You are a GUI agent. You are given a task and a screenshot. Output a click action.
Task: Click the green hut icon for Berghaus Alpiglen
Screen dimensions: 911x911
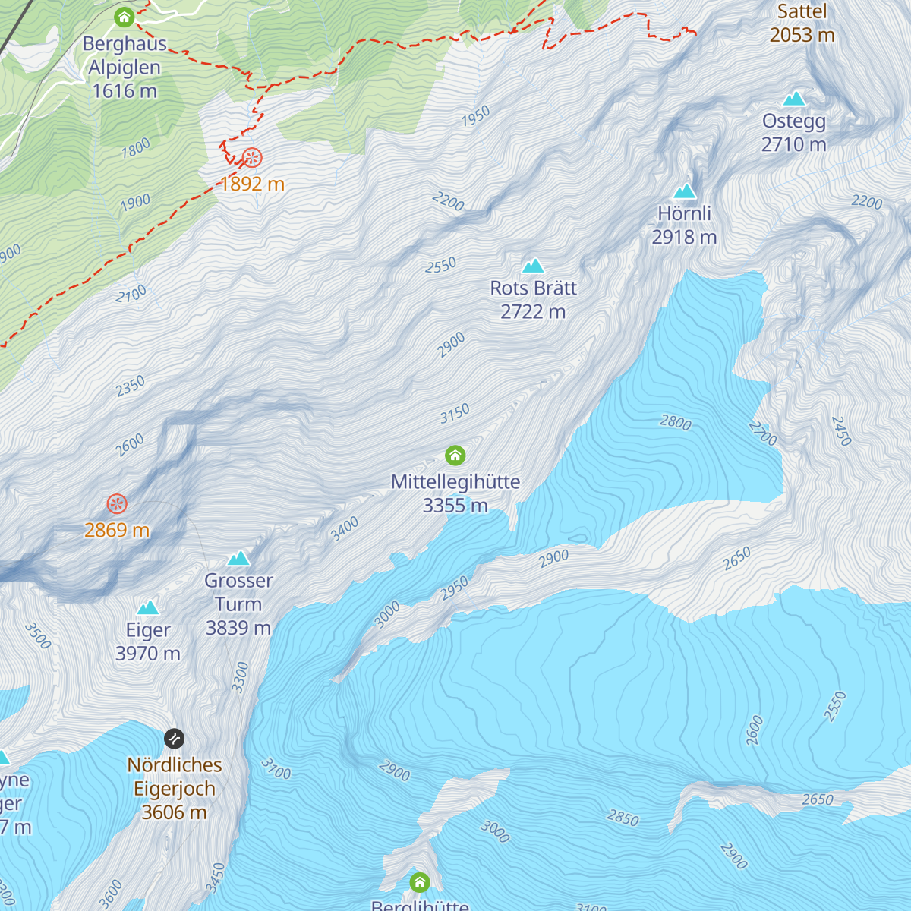point(124,17)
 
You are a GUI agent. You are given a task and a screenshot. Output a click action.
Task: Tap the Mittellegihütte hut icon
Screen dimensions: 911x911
point(455,455)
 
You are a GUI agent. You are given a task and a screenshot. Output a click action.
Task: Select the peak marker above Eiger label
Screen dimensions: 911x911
point(148,607)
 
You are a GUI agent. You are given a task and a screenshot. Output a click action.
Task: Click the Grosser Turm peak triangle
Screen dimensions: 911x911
point(238,559)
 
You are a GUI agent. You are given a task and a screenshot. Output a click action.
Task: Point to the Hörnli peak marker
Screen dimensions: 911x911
point(685,191)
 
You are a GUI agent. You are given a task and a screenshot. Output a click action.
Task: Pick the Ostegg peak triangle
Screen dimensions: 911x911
point(794,98)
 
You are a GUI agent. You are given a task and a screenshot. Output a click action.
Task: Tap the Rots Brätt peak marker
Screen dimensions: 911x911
point(534,266)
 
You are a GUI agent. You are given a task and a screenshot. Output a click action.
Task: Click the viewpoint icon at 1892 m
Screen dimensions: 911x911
point(252,158)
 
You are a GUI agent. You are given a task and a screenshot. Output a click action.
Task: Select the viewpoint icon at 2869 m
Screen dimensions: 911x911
point(116,503)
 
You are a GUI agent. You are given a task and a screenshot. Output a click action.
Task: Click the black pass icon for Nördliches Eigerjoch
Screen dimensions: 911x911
point(174,738)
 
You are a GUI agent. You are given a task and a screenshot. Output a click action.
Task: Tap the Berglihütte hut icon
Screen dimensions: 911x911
point(420,882)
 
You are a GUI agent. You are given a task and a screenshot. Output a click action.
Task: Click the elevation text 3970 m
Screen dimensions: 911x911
point(148,654)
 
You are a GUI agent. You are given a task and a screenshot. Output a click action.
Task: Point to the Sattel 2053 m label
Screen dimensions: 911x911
point(802,23)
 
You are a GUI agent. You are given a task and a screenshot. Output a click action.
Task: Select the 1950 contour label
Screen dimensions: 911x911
point(476,117)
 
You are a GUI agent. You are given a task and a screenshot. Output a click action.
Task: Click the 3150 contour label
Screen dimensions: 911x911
point(455,414)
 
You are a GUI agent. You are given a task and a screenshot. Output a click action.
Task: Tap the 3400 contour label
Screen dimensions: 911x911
point(345,529)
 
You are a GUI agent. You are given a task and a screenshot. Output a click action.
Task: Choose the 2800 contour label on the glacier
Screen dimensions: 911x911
point(676,422)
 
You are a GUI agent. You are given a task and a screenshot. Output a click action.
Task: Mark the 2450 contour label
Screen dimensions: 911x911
point(841,430)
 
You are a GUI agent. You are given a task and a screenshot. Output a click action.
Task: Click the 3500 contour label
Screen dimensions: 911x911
point(37,636)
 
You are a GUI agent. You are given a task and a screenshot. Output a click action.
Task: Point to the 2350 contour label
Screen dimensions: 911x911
point(131,386)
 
